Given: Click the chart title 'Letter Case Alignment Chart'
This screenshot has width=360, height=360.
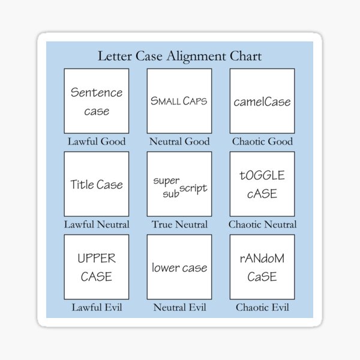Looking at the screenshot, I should [179, 57].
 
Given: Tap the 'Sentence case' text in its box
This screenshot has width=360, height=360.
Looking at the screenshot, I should [97, 101].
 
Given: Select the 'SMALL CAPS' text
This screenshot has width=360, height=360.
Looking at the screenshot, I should [179, 101].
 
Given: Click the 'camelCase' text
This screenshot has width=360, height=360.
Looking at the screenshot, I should [262, 101].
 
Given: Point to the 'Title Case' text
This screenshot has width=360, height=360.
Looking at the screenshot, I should [97, 184].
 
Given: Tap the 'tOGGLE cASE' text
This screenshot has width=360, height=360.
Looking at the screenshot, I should [262, 184].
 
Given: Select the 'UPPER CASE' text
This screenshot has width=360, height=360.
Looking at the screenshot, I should [97, 268].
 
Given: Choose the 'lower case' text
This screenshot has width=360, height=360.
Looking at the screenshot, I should [179, 268].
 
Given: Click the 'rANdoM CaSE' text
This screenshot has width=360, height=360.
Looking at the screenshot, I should [262, 268].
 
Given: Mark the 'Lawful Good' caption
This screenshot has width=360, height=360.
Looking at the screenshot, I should [97, 142].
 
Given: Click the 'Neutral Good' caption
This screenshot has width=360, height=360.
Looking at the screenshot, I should [179, 142].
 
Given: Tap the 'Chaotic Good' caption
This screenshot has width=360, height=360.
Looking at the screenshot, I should [262, 142].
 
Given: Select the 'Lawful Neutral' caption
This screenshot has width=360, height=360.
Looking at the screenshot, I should [97, 224].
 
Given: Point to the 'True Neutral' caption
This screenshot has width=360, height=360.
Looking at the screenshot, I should [179, 224].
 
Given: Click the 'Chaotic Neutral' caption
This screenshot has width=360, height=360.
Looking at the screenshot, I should [262, 224].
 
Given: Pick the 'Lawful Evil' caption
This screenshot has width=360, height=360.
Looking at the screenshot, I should [97, 308].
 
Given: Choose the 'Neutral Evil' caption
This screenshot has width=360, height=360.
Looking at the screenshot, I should [179, 308].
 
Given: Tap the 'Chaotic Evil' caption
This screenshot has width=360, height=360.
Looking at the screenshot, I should [262, 308].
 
